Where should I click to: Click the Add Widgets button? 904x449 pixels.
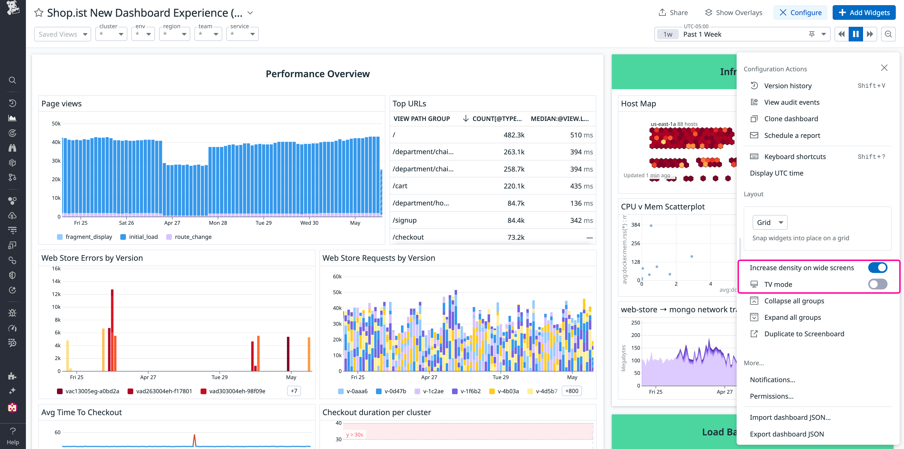864,13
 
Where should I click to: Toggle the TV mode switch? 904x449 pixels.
877,284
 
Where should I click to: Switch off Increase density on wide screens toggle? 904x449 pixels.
877,268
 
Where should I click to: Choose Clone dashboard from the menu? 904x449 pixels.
791,119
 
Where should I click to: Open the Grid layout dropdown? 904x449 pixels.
770,222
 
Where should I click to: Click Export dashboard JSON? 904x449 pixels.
787,434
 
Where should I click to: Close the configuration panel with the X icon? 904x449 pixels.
884,68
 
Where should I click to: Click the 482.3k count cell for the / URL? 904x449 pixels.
514,135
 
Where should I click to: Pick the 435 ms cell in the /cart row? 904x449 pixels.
581,186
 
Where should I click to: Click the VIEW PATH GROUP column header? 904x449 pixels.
421,119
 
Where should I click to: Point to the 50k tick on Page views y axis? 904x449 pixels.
56,124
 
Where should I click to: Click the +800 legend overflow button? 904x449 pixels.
571,391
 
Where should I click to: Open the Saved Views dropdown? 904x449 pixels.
62,34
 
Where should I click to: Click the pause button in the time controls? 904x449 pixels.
856,34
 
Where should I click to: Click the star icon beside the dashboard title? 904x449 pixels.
39,13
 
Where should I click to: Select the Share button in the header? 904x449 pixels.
673,13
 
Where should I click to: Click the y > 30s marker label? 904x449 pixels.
355,435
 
